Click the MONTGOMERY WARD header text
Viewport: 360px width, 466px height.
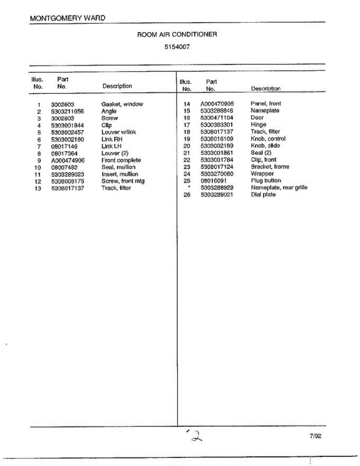point(67,18)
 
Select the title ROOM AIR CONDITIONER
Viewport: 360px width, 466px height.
point(177,35)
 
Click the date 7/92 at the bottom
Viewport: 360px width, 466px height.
point(315,436)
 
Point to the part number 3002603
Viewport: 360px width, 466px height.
point(63,104)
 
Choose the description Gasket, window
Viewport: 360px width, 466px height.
point(122,104)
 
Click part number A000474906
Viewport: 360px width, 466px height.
point(68,160)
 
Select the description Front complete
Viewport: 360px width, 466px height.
point(121,160)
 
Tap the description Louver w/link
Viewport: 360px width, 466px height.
point(118,132)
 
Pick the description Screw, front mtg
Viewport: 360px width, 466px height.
point(123,181)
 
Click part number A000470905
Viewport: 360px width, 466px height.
point(217,104)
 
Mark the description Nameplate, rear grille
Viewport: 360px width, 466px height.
point(279,188)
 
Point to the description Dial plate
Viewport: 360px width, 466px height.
point(263,195)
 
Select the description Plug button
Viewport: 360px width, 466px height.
point(266,181)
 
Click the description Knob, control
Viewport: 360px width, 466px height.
point(268,139)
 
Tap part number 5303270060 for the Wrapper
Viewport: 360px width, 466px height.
point(217,174)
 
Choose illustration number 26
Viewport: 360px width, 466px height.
point(187,195)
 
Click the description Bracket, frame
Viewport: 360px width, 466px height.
point(270,167)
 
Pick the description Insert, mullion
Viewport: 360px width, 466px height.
point(120,174)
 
